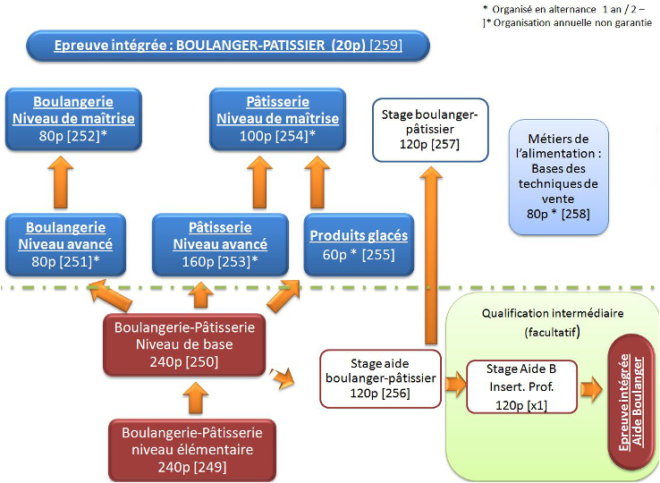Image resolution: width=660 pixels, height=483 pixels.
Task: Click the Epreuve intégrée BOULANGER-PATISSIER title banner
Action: (x=229, y=45)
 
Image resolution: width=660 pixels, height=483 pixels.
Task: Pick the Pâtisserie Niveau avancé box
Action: (x=220, y=243)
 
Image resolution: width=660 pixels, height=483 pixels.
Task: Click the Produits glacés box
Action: (x=358, y=244)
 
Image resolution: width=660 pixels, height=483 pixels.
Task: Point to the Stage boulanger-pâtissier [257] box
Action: (x=430, y=130)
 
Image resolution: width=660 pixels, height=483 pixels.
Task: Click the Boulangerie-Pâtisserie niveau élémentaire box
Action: (x=191, y=447)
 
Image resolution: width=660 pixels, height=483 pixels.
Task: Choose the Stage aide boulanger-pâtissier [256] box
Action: (x=380, y=378)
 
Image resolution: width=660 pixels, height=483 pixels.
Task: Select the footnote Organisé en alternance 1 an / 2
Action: (x=563, y=9)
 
